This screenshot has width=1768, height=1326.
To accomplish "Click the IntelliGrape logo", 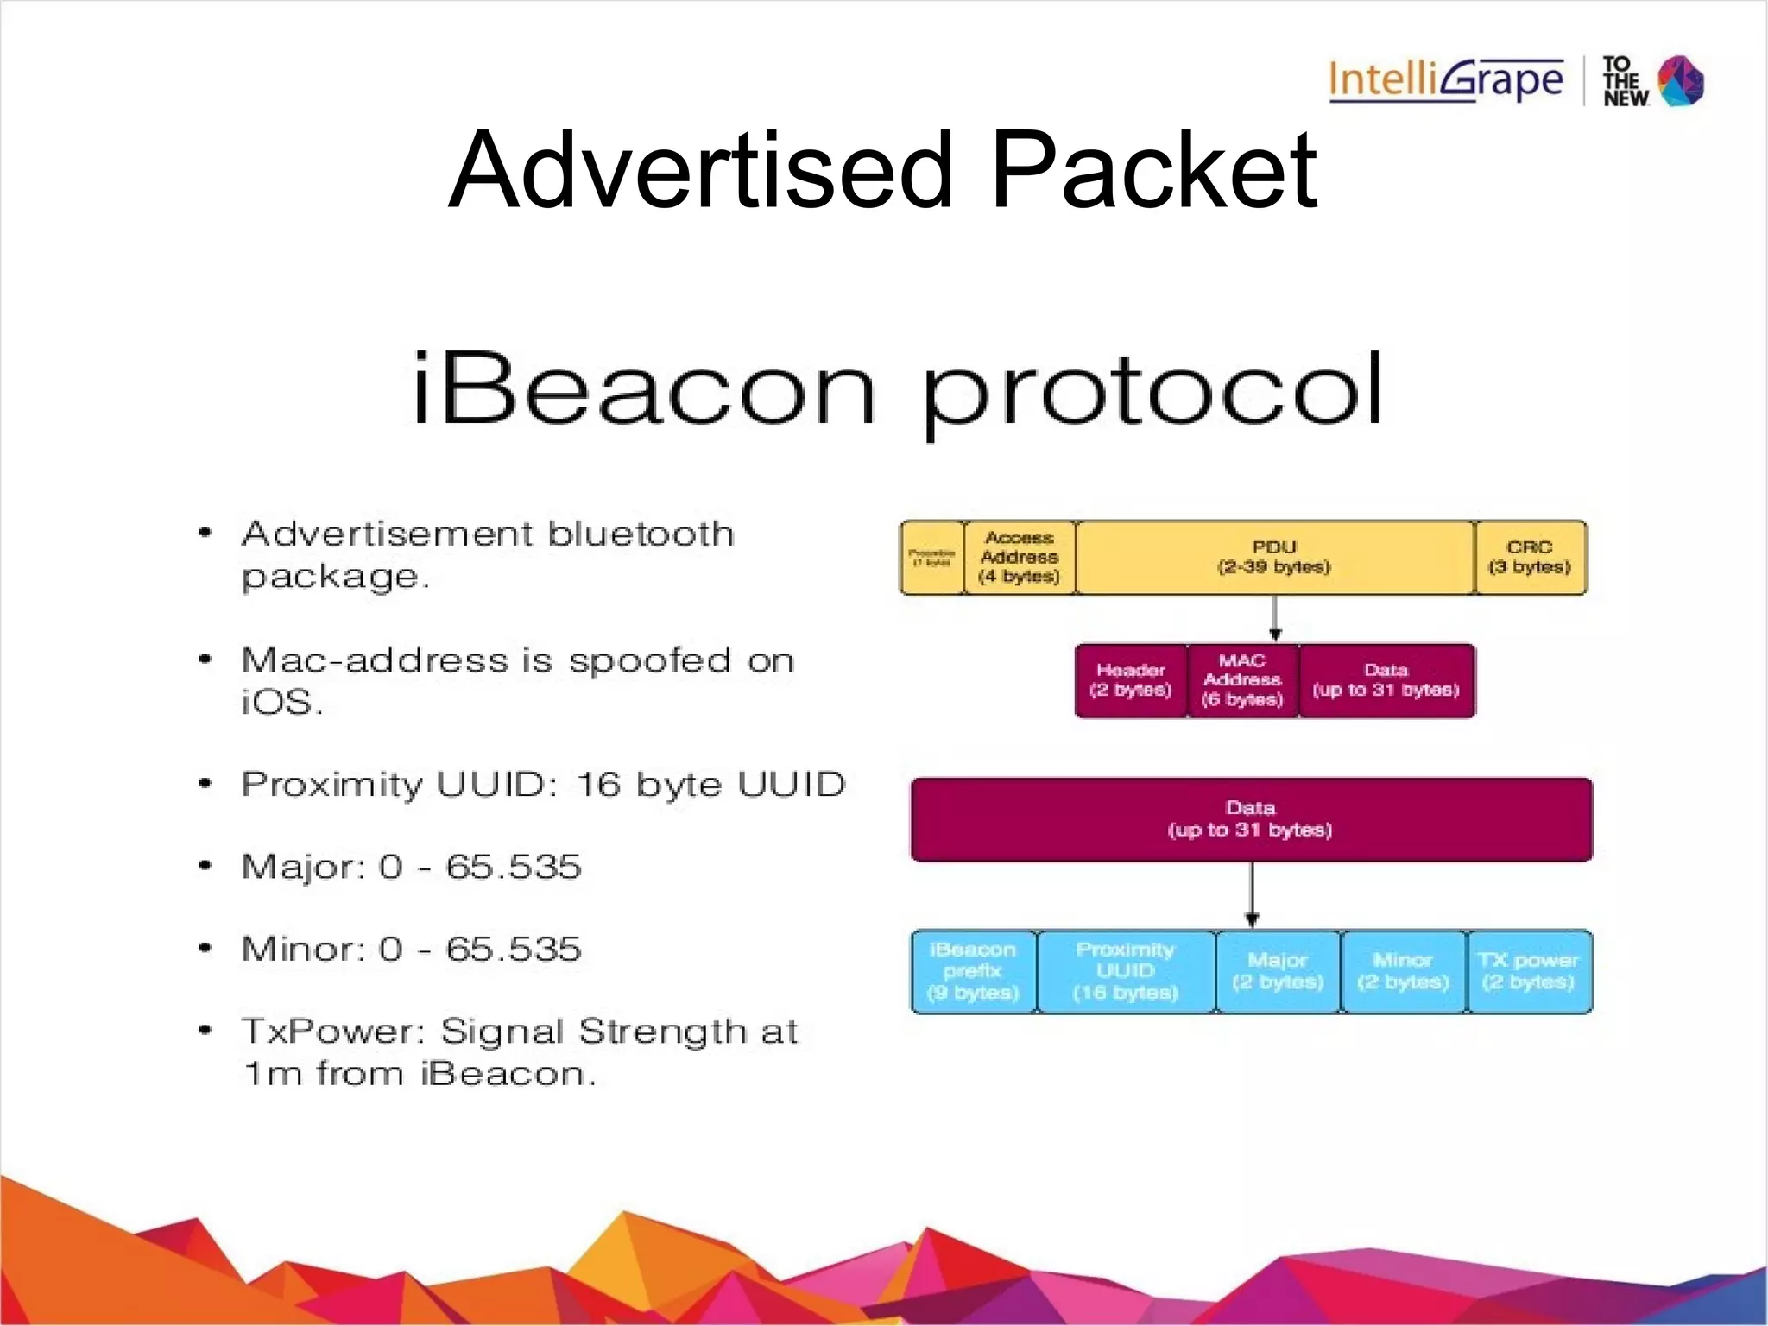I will pos(1446,80).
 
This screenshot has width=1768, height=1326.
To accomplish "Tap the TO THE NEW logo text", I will pos(1625,81).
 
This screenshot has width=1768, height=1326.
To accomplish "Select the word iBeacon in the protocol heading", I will pos(644,390).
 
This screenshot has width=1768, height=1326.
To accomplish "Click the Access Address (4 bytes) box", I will pos(1020,558).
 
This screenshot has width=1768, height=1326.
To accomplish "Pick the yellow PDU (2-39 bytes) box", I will pos(1274,558).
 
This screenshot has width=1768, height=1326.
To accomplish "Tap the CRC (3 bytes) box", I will pos(1530,558).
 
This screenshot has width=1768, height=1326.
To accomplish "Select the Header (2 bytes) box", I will pos(1131,680).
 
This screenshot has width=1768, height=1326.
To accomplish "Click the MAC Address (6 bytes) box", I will pos(1242,680).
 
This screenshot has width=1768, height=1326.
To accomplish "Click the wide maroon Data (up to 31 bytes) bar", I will pos(1251,819).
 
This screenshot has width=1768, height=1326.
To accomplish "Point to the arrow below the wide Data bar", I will pos(1252,895).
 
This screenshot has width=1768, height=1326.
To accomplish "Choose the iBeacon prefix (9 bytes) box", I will pos(974,971).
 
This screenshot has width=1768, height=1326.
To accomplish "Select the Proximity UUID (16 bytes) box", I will pos(1126,971).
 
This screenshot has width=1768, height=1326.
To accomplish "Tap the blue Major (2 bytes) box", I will pos(1278,971).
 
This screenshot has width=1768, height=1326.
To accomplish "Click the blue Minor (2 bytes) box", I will pos(1403,971).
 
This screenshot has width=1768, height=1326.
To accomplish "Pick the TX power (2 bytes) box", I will pos(1529,971).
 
